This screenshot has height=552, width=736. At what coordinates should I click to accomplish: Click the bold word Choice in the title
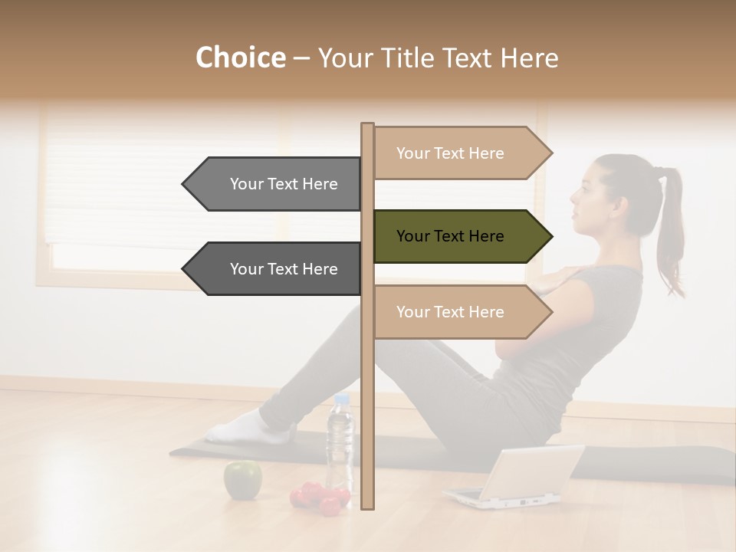click(240, 58)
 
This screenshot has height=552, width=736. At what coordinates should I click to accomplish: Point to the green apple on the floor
click(242, 480)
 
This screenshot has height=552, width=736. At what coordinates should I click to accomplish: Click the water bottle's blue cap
click(341, 399)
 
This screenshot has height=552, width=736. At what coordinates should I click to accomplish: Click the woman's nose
click(571, 200)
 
